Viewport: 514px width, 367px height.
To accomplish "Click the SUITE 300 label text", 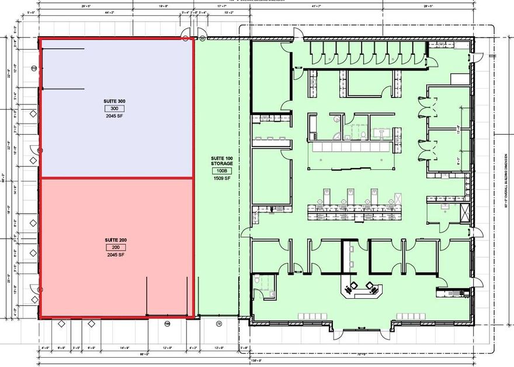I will click(114, 102).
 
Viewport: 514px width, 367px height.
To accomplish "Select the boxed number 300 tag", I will click(114, 109).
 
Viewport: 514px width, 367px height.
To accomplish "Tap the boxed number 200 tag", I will click(115, 247).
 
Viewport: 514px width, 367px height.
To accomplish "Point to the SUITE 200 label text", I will click(116, 240).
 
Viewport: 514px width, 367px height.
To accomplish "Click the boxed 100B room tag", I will click(221, 171).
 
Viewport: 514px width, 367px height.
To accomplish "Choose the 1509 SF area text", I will click(221, 179).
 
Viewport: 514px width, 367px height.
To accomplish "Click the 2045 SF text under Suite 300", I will click(114, 116).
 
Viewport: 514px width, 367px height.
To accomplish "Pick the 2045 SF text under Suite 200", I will click(115, 255).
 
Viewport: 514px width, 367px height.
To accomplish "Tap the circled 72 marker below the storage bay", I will click(220, 323).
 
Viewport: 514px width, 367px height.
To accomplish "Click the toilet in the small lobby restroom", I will click(258, 281).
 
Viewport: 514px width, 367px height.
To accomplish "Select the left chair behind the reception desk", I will click(353, 285).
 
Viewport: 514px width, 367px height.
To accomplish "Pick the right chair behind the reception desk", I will click(370, 285).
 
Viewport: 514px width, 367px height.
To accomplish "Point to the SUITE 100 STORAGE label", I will click(221, 161).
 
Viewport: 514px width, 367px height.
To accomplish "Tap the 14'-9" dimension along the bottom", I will click(123, 348).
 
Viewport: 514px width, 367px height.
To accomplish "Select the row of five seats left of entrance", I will click(313, 316).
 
